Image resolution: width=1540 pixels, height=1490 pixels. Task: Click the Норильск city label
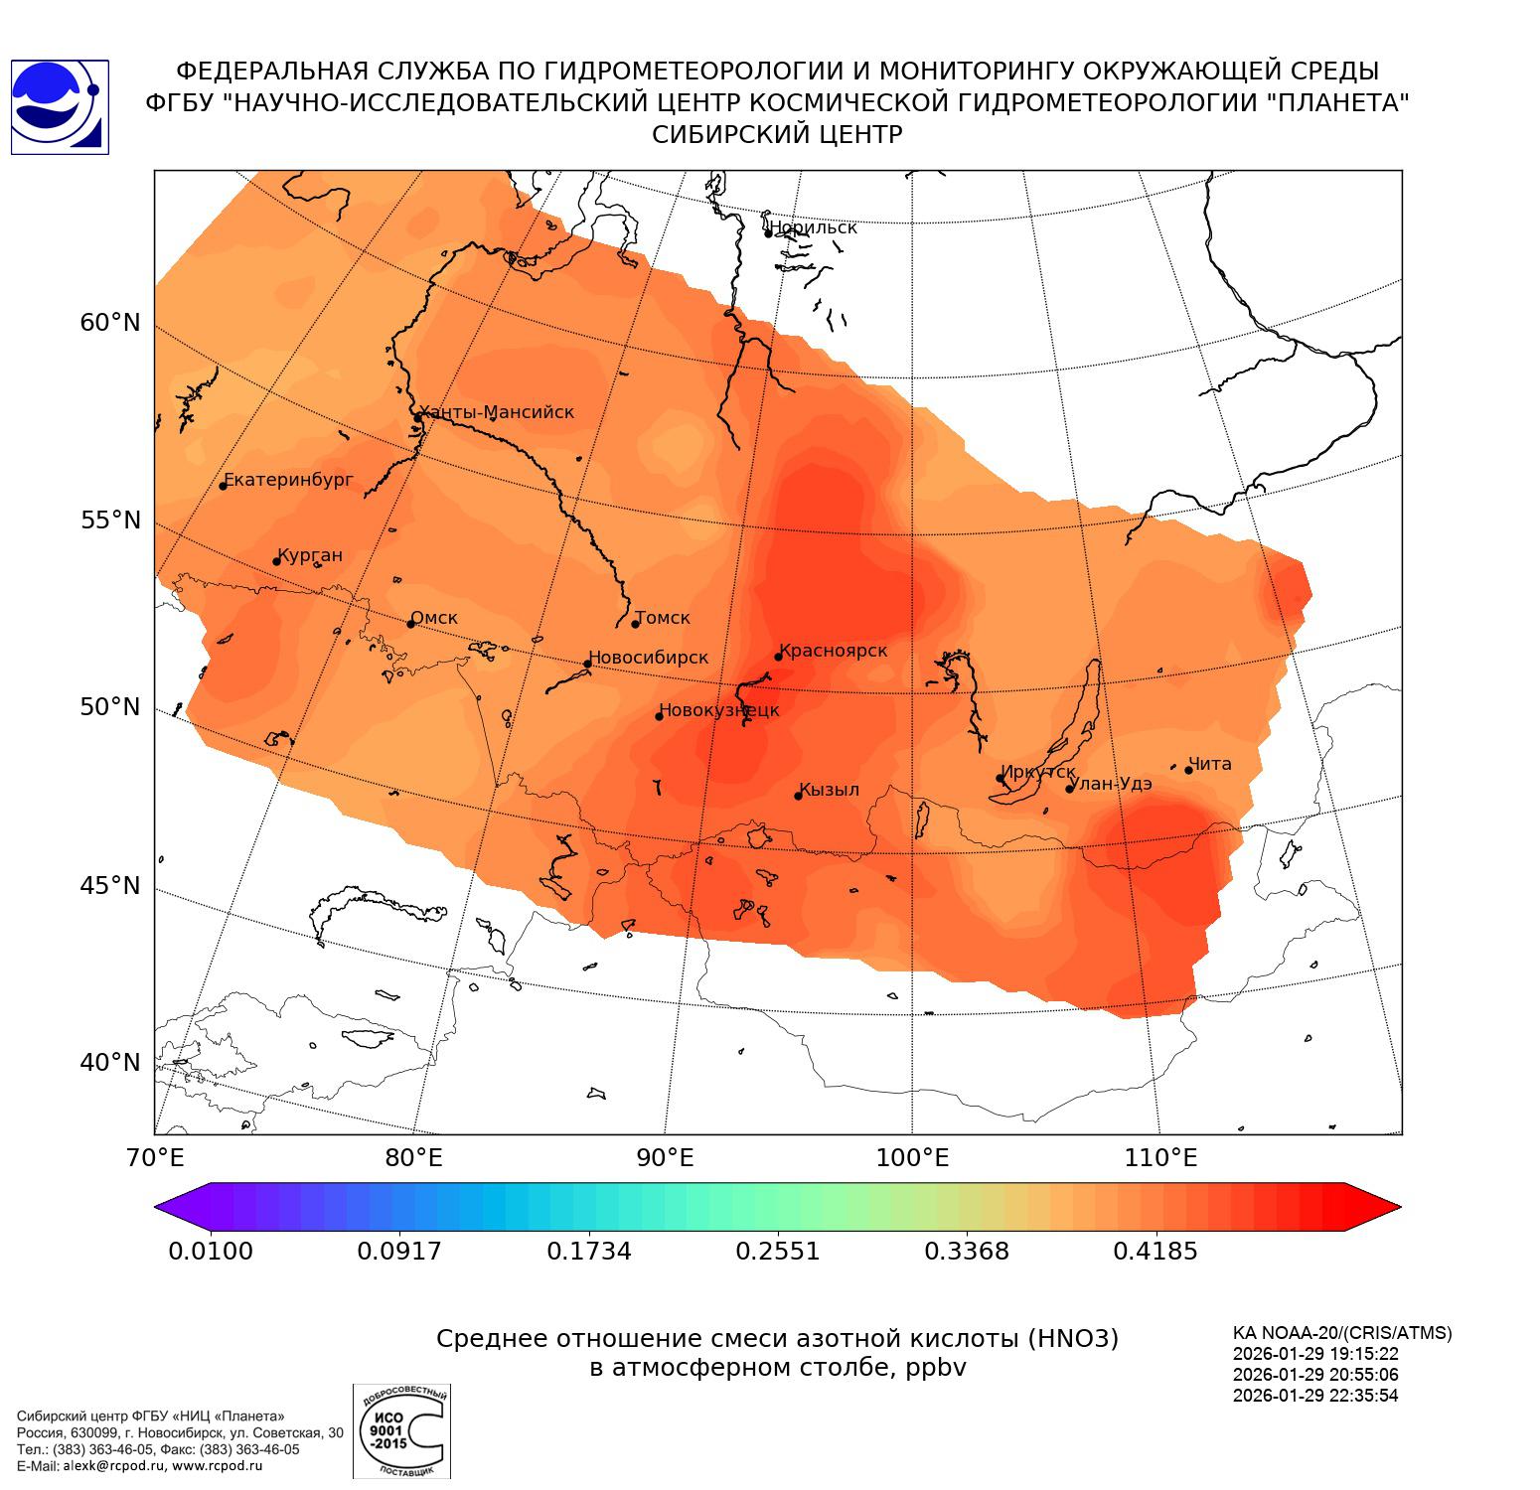pyautogui.click(x=812, y=227)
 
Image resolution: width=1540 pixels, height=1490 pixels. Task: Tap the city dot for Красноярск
pyautogui.click(x=779, y=657)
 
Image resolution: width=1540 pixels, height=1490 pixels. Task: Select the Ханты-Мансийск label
pyautogui.click(x=497, y=412)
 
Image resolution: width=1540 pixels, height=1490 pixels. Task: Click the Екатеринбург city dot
pyautogui.click(x=224, y=485)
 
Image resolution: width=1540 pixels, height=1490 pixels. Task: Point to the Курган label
pyautogui.click(x=310, y=555)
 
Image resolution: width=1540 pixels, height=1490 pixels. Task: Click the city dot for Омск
pyautogui.click(x=410, y=624)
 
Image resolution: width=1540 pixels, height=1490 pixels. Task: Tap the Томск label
pyautogui.click(x=663, y=618)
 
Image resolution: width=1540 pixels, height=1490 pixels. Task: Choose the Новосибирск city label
pyautogui.click(x=648, y=658)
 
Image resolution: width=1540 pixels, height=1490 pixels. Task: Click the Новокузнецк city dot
pyautogui.click(x=660, y=716)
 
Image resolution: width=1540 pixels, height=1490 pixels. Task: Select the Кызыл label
pyautogui.click(x=830, y=790)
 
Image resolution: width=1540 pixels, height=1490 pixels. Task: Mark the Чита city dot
pyautogui.click(x=1188, y=770)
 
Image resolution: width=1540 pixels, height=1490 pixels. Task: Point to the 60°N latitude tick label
pyautogui.click(x=110, y=323)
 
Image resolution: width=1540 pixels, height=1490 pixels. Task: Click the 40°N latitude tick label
pyautogui.click(x=110, y=1063)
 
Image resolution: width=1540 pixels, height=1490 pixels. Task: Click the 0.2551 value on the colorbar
pyautogui.click(x=778, y=1251)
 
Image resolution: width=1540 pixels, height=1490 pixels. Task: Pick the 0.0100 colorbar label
pyautogui.click(x=211, y=1251)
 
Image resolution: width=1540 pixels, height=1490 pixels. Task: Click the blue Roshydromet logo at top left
pyautogui.click(x=60, y=107)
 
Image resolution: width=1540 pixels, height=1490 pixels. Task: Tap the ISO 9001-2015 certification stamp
pyautogui.click(x=401, y=1431)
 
